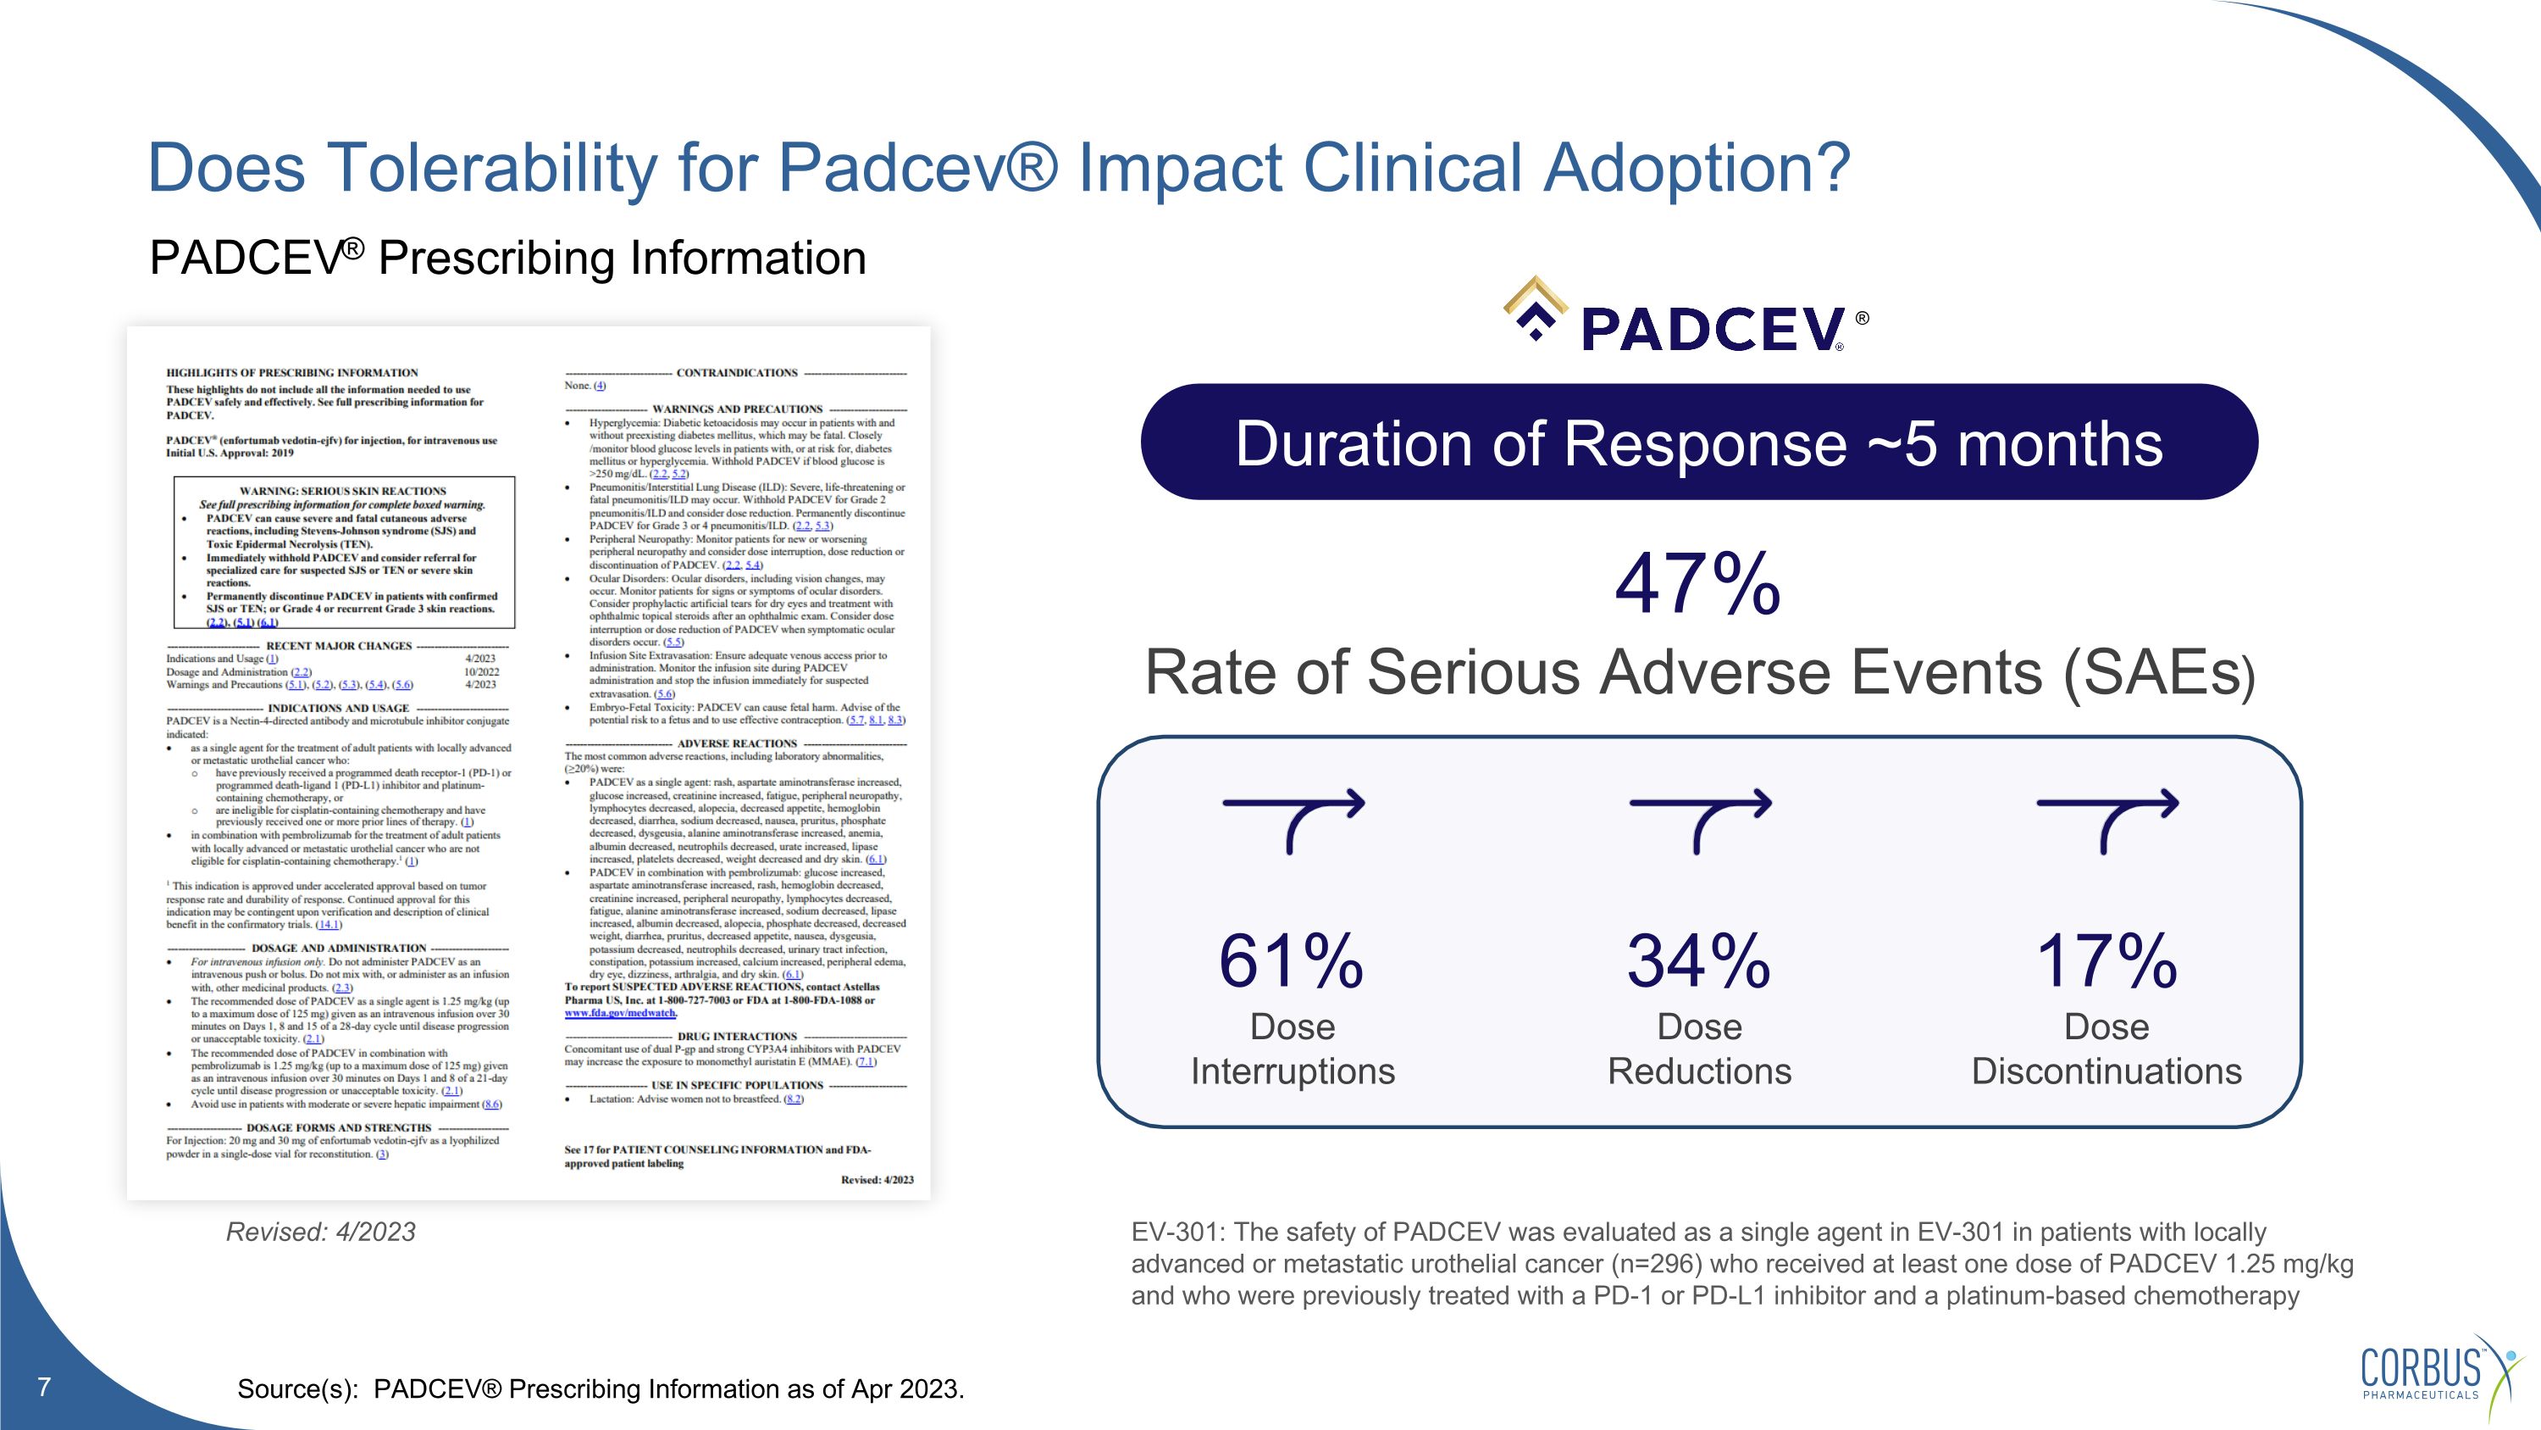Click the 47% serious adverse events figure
pos(1697,584)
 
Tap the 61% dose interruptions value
pos(1291,960)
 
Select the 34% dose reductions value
pos(1698,960)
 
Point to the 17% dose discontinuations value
pos(2106,960)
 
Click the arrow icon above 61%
pos(1293,819)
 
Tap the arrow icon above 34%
pos(1700,819)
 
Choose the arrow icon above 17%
pos(2107,819)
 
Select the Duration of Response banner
pos(1698,442)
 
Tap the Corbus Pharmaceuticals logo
pos(2437,1374)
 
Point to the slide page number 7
pos(43,1387)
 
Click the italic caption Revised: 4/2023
pos(320,1232)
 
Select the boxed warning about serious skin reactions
pos(343,553)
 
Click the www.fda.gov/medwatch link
pos(619,1013)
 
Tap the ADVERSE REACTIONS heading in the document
pos(736,743)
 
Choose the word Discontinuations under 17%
pos(2106,1071)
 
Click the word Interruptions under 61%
pos(1293,1071)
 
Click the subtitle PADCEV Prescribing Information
pos(507,259)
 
